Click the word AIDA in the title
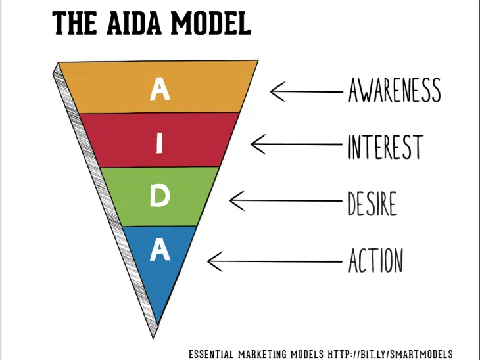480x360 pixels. coord(134,24)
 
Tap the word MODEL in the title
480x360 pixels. coord(211,24)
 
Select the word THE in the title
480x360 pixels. coord(75,24)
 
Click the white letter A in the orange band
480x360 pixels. coord(160,89)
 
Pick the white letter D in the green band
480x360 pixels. coord(160,196)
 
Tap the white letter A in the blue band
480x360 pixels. coord(160,249)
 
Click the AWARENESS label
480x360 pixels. coord(395,90)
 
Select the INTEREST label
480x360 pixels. coord(386,146)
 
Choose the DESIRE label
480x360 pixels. coord(373,204)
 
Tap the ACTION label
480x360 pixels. coord(376,260)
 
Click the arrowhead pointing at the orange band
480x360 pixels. coord(277,91)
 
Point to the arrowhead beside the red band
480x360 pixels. coord(258,144)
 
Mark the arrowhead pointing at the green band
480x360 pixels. coord(237,200)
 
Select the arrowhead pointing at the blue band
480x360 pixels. coord(214,261)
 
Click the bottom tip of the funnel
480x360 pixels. coord(153,338)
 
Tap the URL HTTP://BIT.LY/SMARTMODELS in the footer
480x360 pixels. coord(390,354)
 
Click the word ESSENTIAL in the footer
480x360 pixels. coord(211,355)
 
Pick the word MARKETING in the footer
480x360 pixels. coord(262,355)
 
